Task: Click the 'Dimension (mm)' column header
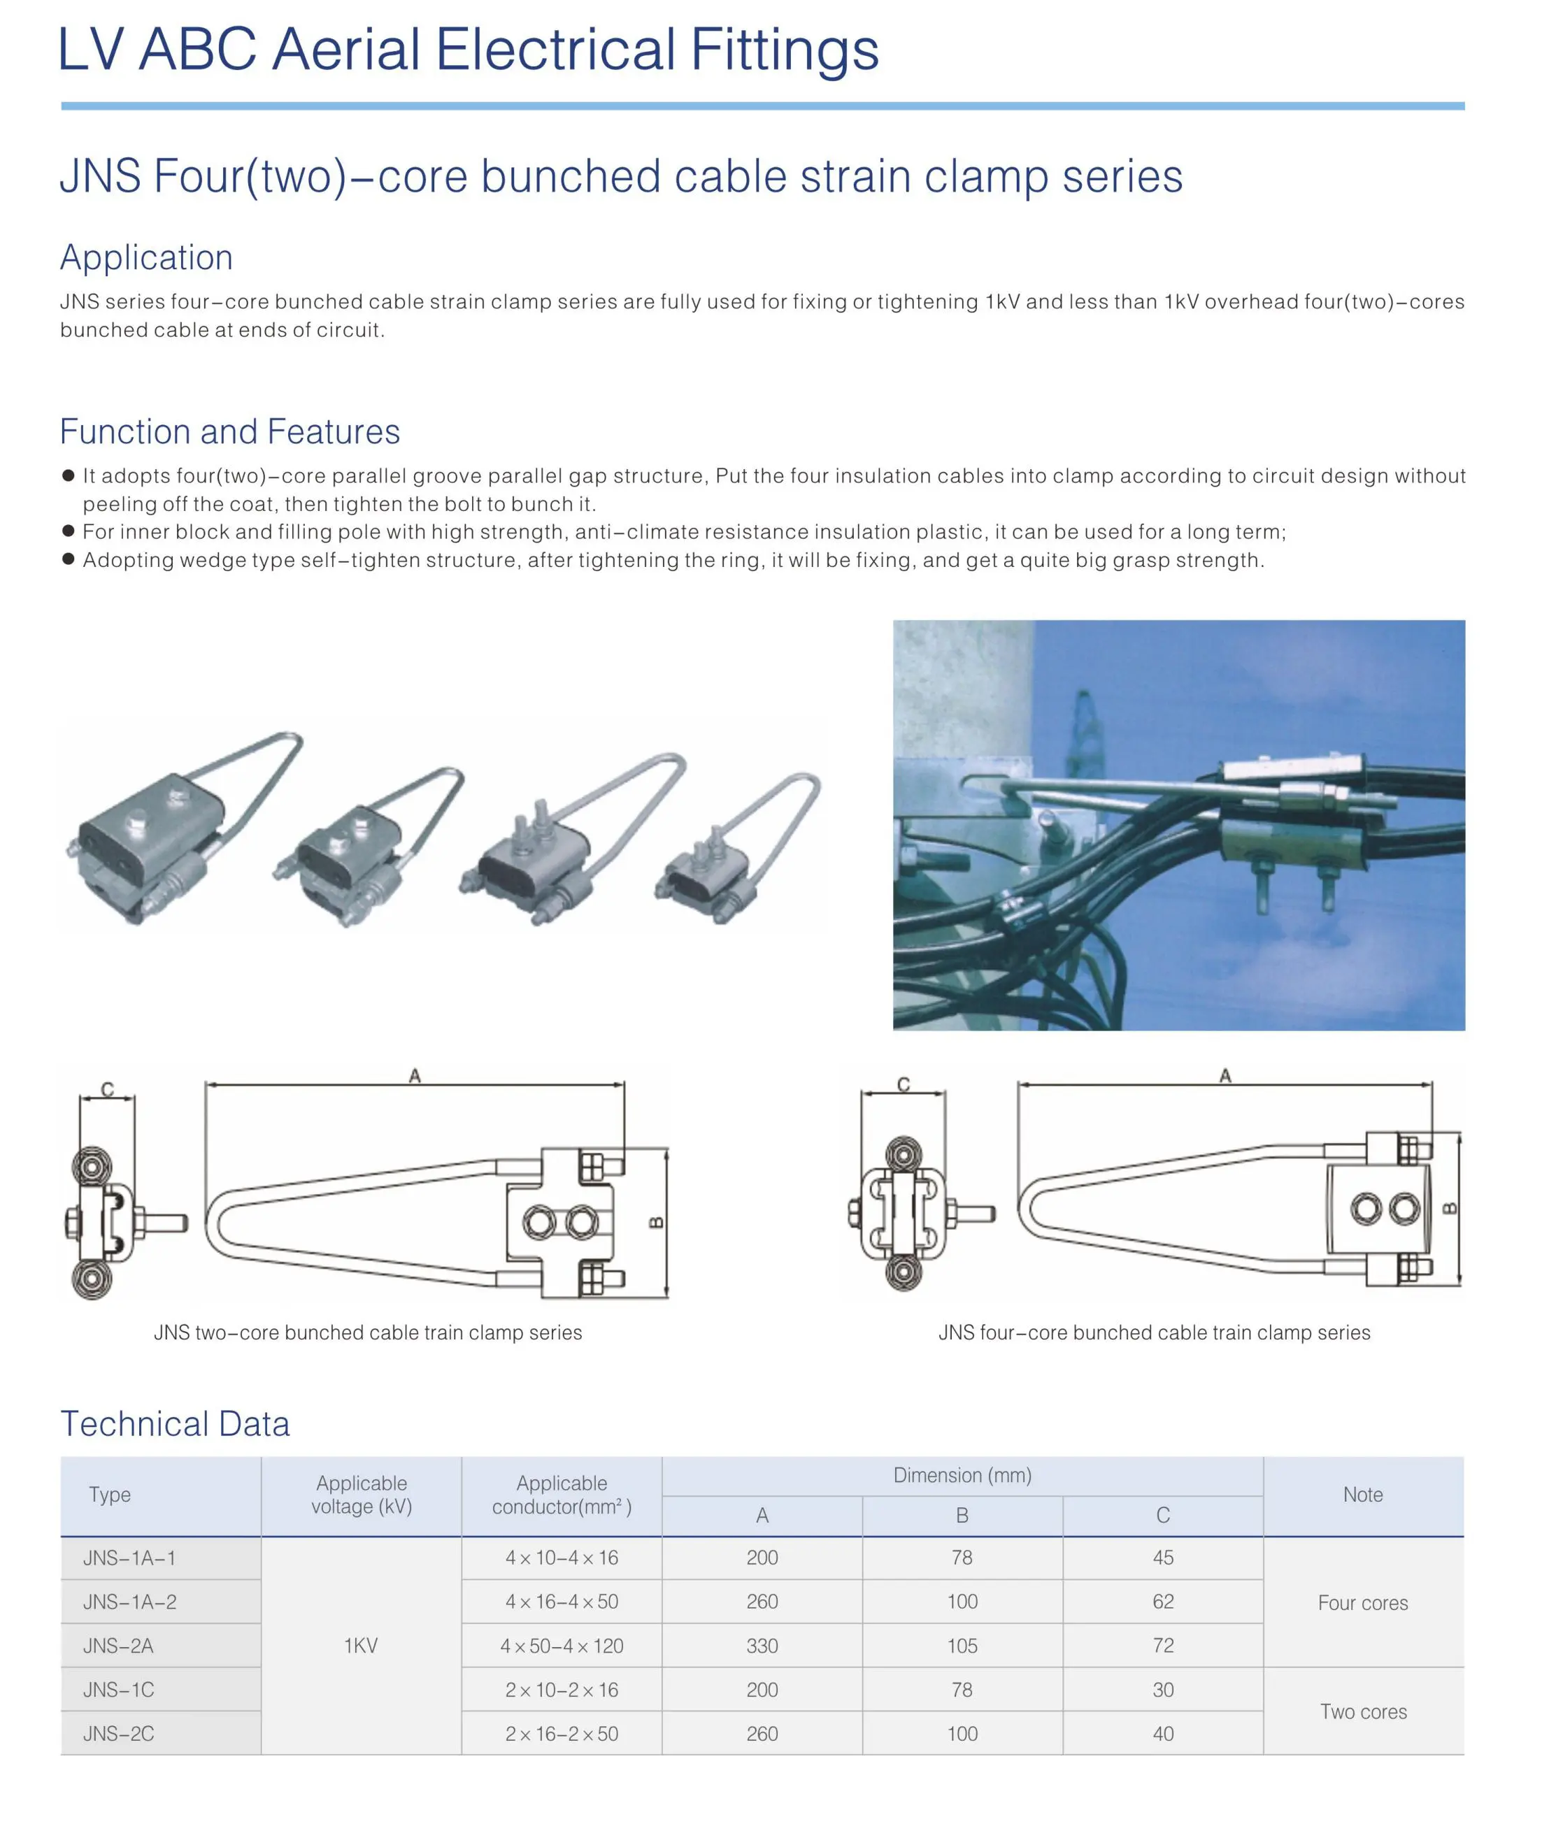(x=962, y=1476)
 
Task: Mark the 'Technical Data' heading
(x=175, y=1424)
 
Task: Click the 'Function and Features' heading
(x=231, y=432)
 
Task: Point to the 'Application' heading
(x=147, y=258)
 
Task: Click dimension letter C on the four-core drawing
(x=904, y=1084)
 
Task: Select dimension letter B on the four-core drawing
(x=1450, y=1209)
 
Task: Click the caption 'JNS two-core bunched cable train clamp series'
(x=368, y=1332)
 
